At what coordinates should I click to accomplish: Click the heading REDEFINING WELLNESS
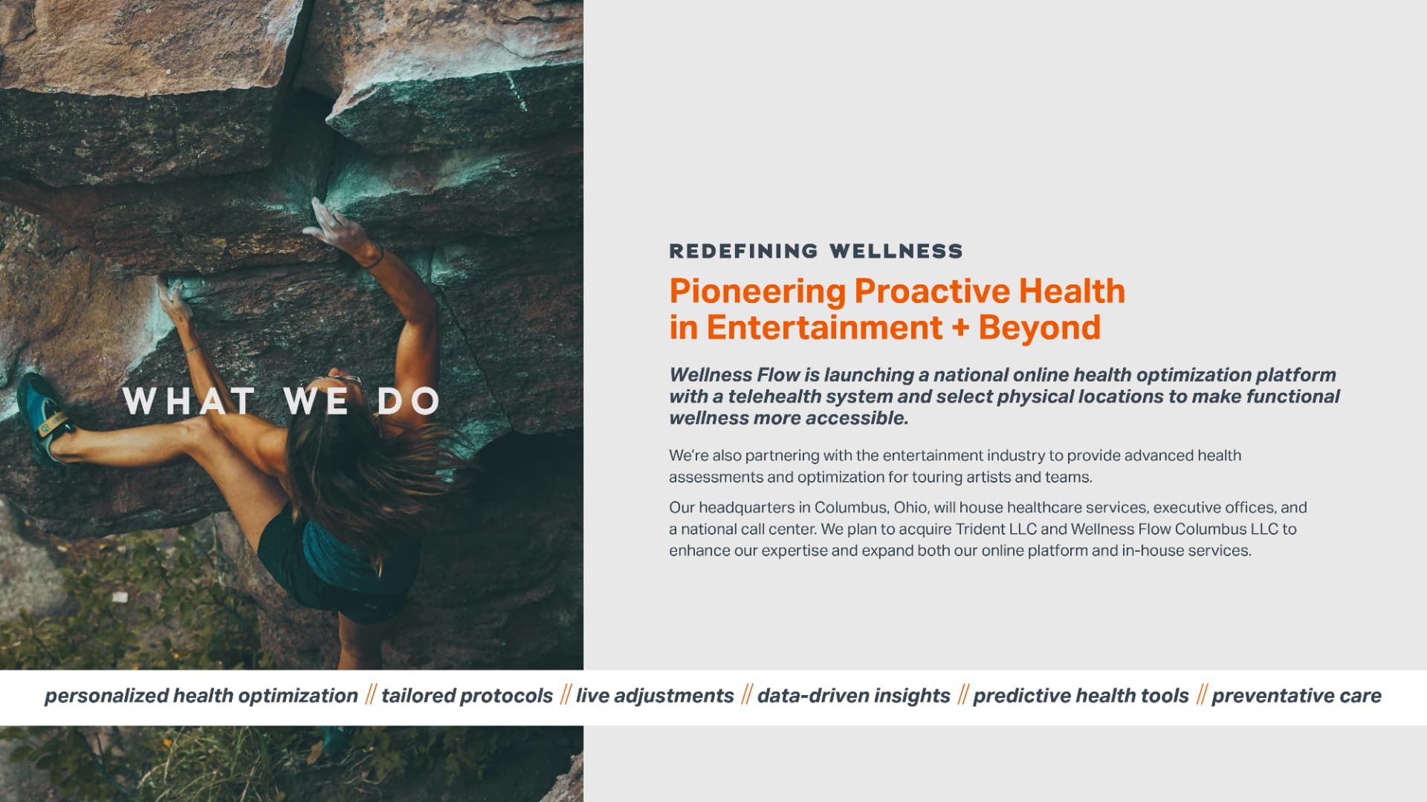click(x=815, y=251)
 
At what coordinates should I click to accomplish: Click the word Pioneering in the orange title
click(x=757, y=292)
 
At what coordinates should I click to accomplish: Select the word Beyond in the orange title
click(x=1039, y=328)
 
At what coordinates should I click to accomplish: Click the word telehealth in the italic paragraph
click(x=780, y=397)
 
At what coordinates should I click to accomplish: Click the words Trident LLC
click(x=996, y=529)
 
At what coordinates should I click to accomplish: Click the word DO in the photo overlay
click(x=410, y=402)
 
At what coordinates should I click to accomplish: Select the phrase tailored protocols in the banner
click(x=467, y=696)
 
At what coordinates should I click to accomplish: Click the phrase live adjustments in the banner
click(x=655, y=696)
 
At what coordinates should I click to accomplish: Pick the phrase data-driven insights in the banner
click(x=853, y=696)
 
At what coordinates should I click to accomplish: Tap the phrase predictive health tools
click(x=1081, y=696)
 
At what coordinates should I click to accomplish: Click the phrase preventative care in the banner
click(x=1296, y=696)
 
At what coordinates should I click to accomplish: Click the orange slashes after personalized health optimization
click(x=370, y=695)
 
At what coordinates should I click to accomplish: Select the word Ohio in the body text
click(x=911, y=507)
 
